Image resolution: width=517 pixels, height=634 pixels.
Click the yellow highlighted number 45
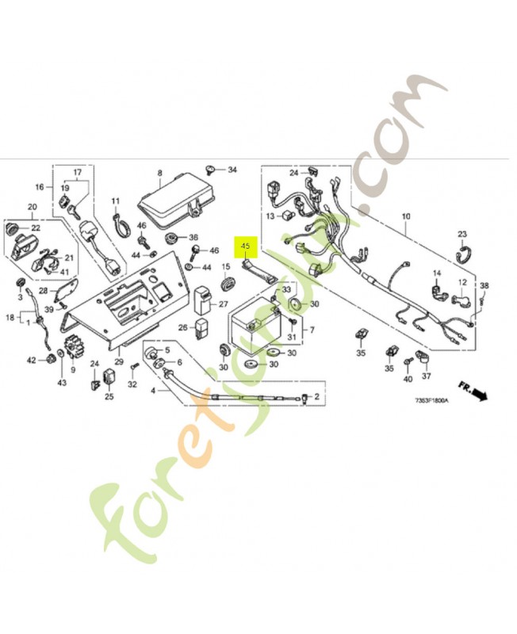[x=245, y=246]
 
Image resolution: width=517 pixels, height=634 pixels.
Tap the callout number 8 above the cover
[x=159, y=172]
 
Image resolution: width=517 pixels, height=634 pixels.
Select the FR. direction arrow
[x=477, y=395]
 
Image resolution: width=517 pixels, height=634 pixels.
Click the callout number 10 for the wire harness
[x=406, y=216]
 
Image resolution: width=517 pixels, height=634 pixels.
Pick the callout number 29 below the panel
[x=119, y=361]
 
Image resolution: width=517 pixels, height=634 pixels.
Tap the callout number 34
[x=232, y=170]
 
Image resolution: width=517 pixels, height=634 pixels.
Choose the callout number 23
[x=462, y=234]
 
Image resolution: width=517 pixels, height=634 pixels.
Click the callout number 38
[x=484, y=285]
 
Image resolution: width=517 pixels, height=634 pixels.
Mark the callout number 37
[x=426, y=376]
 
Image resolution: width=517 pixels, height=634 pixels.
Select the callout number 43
[x=62, y=384]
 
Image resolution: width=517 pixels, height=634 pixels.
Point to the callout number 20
[x=33, y=208]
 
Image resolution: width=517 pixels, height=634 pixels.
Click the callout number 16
[x=39, y=188]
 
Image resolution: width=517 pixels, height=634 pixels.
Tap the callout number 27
[x=222, y=304]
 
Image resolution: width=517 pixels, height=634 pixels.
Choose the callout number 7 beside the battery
[x=312, y=330]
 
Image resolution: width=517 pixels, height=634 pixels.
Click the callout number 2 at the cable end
[x=317, y=396]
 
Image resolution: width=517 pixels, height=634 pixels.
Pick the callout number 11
[x=115, y=201]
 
